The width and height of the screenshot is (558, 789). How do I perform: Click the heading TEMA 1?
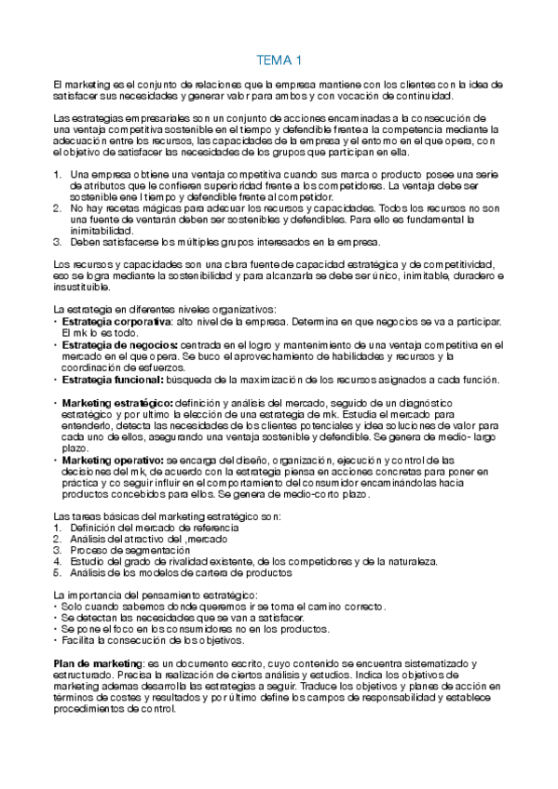pos(279,61)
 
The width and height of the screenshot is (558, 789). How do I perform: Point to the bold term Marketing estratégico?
pos(116,402)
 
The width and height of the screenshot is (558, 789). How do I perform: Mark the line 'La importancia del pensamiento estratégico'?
pos(157,595)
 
